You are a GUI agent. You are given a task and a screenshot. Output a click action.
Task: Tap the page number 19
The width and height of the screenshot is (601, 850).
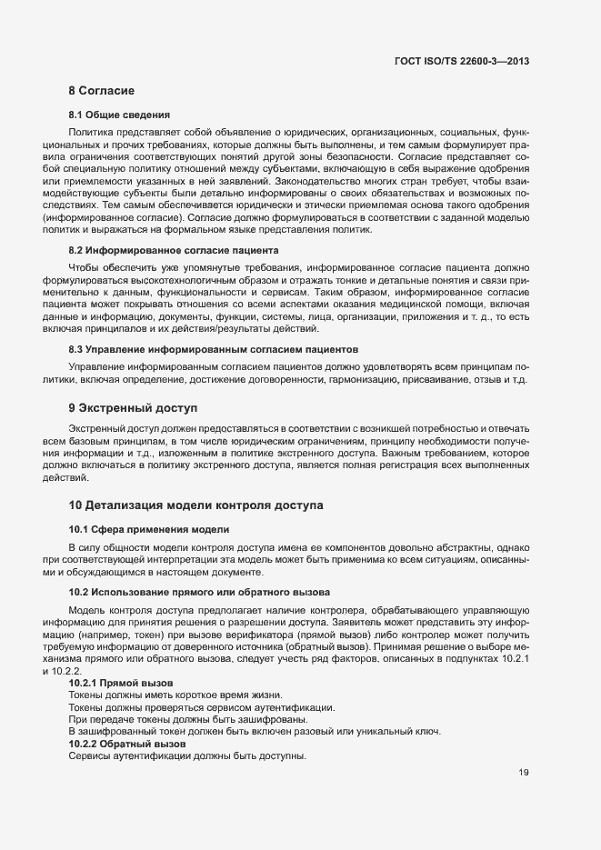(524, 773)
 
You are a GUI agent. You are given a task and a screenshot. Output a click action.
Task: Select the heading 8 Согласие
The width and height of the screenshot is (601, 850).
(102, 92)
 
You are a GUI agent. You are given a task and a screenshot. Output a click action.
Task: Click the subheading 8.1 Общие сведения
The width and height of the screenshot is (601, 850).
(119, 115)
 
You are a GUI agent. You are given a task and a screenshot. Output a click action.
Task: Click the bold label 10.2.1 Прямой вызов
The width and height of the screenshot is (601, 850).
(121, 683)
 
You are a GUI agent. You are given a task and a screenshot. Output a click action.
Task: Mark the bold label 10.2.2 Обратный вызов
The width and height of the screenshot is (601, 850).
(127, 744)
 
